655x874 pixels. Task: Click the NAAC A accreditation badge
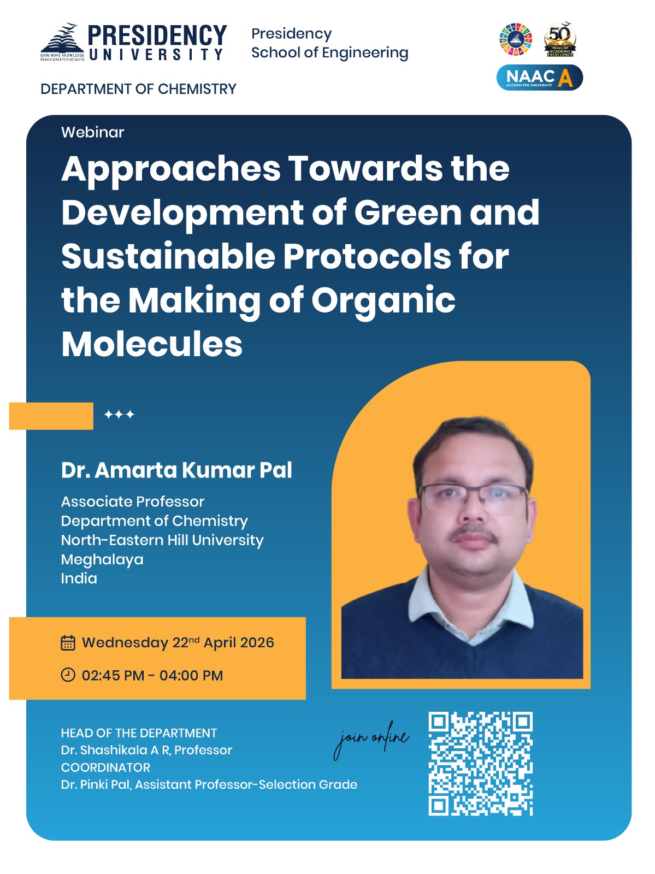point(539,78)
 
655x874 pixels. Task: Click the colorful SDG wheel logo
point(515,40)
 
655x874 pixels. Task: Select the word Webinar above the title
point(92,132)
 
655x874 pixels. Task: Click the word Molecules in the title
point(152,344)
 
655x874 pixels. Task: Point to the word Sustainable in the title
point(168,256)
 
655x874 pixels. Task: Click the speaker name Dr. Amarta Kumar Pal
point(176,470)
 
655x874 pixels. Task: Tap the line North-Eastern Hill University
point(162,540)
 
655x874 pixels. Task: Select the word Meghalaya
point(102,559)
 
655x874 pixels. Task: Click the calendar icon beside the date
point(68,642)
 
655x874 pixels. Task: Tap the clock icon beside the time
point(68,675)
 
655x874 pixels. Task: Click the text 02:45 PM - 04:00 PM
point(152,676)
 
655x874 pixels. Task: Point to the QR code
point(480,764)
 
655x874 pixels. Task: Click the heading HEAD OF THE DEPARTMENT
point(139,733)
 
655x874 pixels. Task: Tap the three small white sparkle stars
point(119,415)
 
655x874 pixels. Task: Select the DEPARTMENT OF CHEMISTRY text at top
point(138,89)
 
